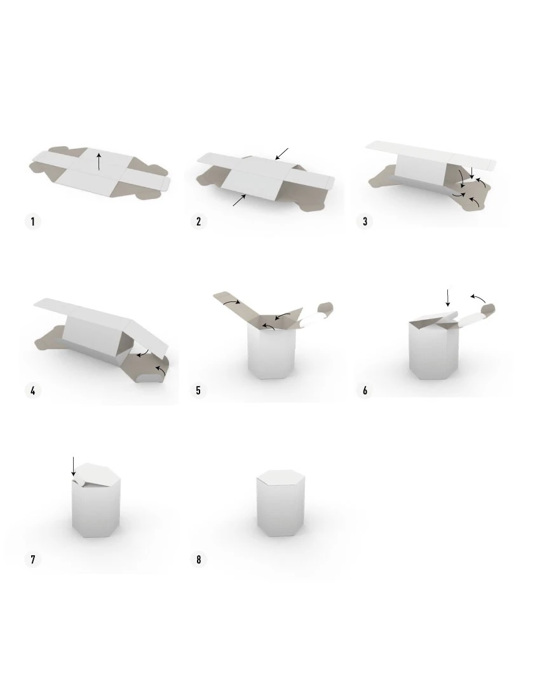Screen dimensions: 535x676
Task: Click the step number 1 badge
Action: pyautogui.click(x=33, y=221)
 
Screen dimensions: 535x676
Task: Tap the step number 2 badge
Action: pyautogui.click(x=199, y=221)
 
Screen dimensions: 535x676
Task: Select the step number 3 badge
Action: pyautogui.click(x=365, y=221)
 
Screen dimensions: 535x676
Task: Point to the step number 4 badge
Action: pyautogui.click(x=33, y=390)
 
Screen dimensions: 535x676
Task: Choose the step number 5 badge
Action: pyautogui.click(x=199, y=390)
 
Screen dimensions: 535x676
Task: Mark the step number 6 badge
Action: pyautogui.click(x=365, y=390)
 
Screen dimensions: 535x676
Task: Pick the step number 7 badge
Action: pyautogui.click(x=33, y=560)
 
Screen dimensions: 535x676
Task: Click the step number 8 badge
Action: pyautogui.click(x=199, y=560)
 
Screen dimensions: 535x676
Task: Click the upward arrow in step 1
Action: pyautogui.click(x=99, y=162)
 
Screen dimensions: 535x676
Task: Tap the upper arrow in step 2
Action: pyautogui.click(x=281, y=154)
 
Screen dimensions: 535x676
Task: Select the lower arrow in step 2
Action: pyautogui.click(x=240, y=200)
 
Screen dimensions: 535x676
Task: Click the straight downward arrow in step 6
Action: pyautogui.click(x=448, y=298)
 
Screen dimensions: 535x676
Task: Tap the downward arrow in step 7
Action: pyautogui.click(x=74, y=467)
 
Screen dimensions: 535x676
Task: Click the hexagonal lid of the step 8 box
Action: pyautogui.click(x=281, y=478)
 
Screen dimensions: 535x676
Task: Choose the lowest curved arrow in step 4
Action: pyautogui.click(x=161, y=370)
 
